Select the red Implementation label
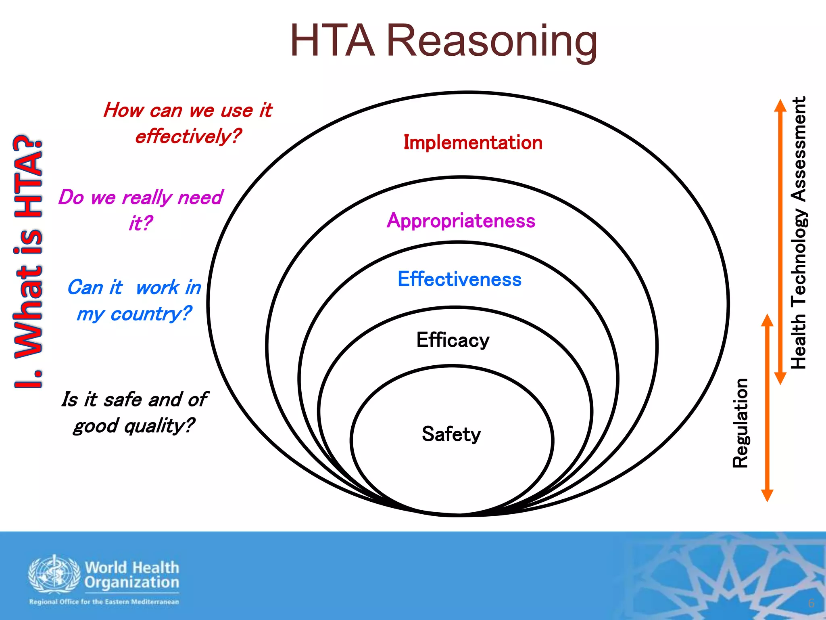[473, 143]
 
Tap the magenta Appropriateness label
[461, 221]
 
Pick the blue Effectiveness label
[459, 279]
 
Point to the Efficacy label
[453, 340]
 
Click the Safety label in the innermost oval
[451, 434]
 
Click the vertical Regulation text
[740, 423]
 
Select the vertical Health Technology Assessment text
[799, 232]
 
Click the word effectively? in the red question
[188, 136]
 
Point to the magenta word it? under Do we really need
[140, 223]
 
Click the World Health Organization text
[132, 575]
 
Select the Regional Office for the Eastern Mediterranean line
[104, 602]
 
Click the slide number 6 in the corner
[811, 603]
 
